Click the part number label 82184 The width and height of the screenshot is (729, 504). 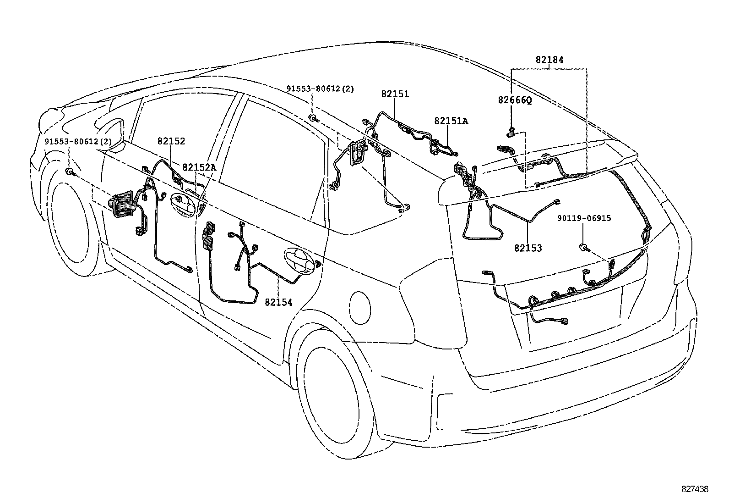click(549, 60)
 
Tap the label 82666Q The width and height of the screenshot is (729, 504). click(515, 100)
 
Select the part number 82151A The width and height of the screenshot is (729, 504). click(451, 121)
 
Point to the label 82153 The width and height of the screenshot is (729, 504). click(528, 248)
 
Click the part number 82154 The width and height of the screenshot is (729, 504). click(278, 302)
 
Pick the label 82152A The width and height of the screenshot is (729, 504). click(199, 167)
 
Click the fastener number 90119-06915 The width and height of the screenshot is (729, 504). click(584, 218)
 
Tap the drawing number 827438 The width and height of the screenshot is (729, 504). click(695, 489)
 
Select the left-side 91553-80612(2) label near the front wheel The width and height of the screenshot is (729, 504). click(78, 141)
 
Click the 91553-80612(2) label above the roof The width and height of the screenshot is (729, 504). click(320, 89)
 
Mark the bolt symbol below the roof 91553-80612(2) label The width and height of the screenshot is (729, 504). click(312, 118)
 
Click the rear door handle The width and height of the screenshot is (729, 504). click(300, 261)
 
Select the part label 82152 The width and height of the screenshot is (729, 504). click(171, 141)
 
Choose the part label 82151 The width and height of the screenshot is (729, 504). click(395, 94)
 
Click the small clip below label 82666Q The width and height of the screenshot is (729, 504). click(511, 133)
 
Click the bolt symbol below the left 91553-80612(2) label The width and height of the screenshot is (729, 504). click(70, 172)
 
